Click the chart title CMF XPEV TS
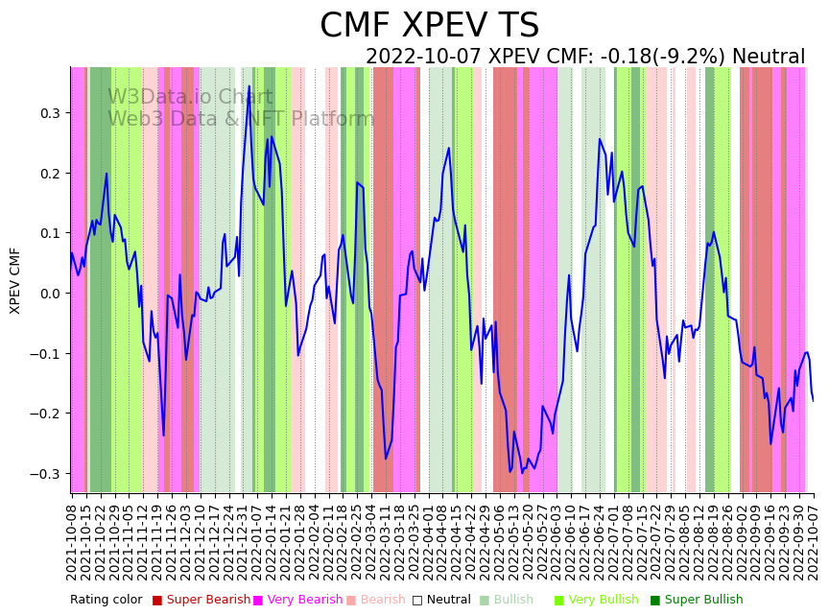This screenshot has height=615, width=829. pyautogui.click(x=429, y=26)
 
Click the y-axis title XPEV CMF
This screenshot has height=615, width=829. pyautogui.click(x=15, y=280)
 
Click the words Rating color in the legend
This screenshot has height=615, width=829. pyautogui.click(x=106, y=600)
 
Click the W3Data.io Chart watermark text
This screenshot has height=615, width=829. pyautogui.click(x=190, y=97)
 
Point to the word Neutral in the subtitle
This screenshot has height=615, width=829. pyautogui.click(x=769, y=57)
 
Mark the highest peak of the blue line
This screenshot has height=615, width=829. pyautogui.click(x=249, y=86)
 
